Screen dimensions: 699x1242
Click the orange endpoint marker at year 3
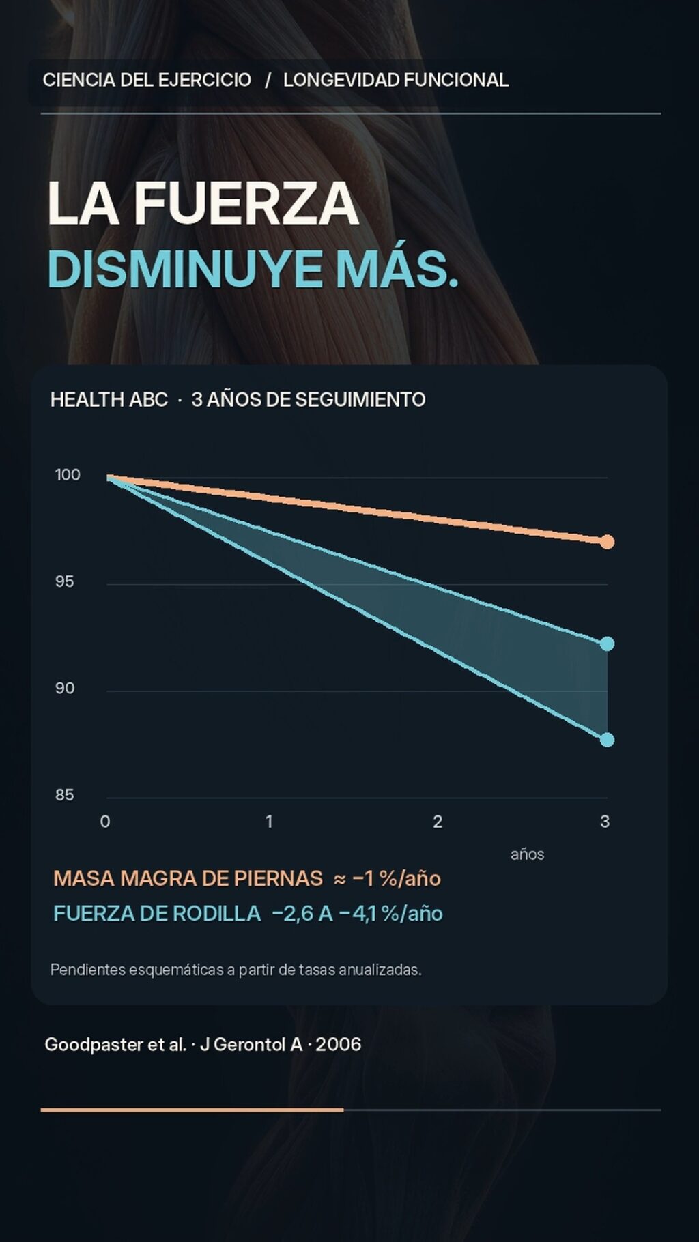point(607,542)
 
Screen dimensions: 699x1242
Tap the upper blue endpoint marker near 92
point(607,644)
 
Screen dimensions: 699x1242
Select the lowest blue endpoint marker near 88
point(607,740)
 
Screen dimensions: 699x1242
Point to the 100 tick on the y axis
point(68,474)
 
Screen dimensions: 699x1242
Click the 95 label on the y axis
point(65,581)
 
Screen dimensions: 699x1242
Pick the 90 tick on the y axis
point(65,688)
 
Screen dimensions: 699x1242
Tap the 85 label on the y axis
point(65,794)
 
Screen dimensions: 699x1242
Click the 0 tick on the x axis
point(105,821)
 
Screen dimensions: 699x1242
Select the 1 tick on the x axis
point(269,821)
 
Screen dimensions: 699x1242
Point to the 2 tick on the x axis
point(438,821)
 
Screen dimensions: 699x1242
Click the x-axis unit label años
point(528,854)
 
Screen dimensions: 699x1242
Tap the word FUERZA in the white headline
point(246,203)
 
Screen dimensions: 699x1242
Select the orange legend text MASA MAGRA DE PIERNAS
point(188,878)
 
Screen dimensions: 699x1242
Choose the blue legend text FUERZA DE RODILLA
point(157,913)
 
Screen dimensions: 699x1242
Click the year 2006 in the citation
point(339,1044)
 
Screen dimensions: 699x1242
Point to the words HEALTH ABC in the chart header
point(109,399)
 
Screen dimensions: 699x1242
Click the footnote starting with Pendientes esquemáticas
point(236,970)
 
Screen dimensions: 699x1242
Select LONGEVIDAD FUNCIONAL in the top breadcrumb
point(396,80)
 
